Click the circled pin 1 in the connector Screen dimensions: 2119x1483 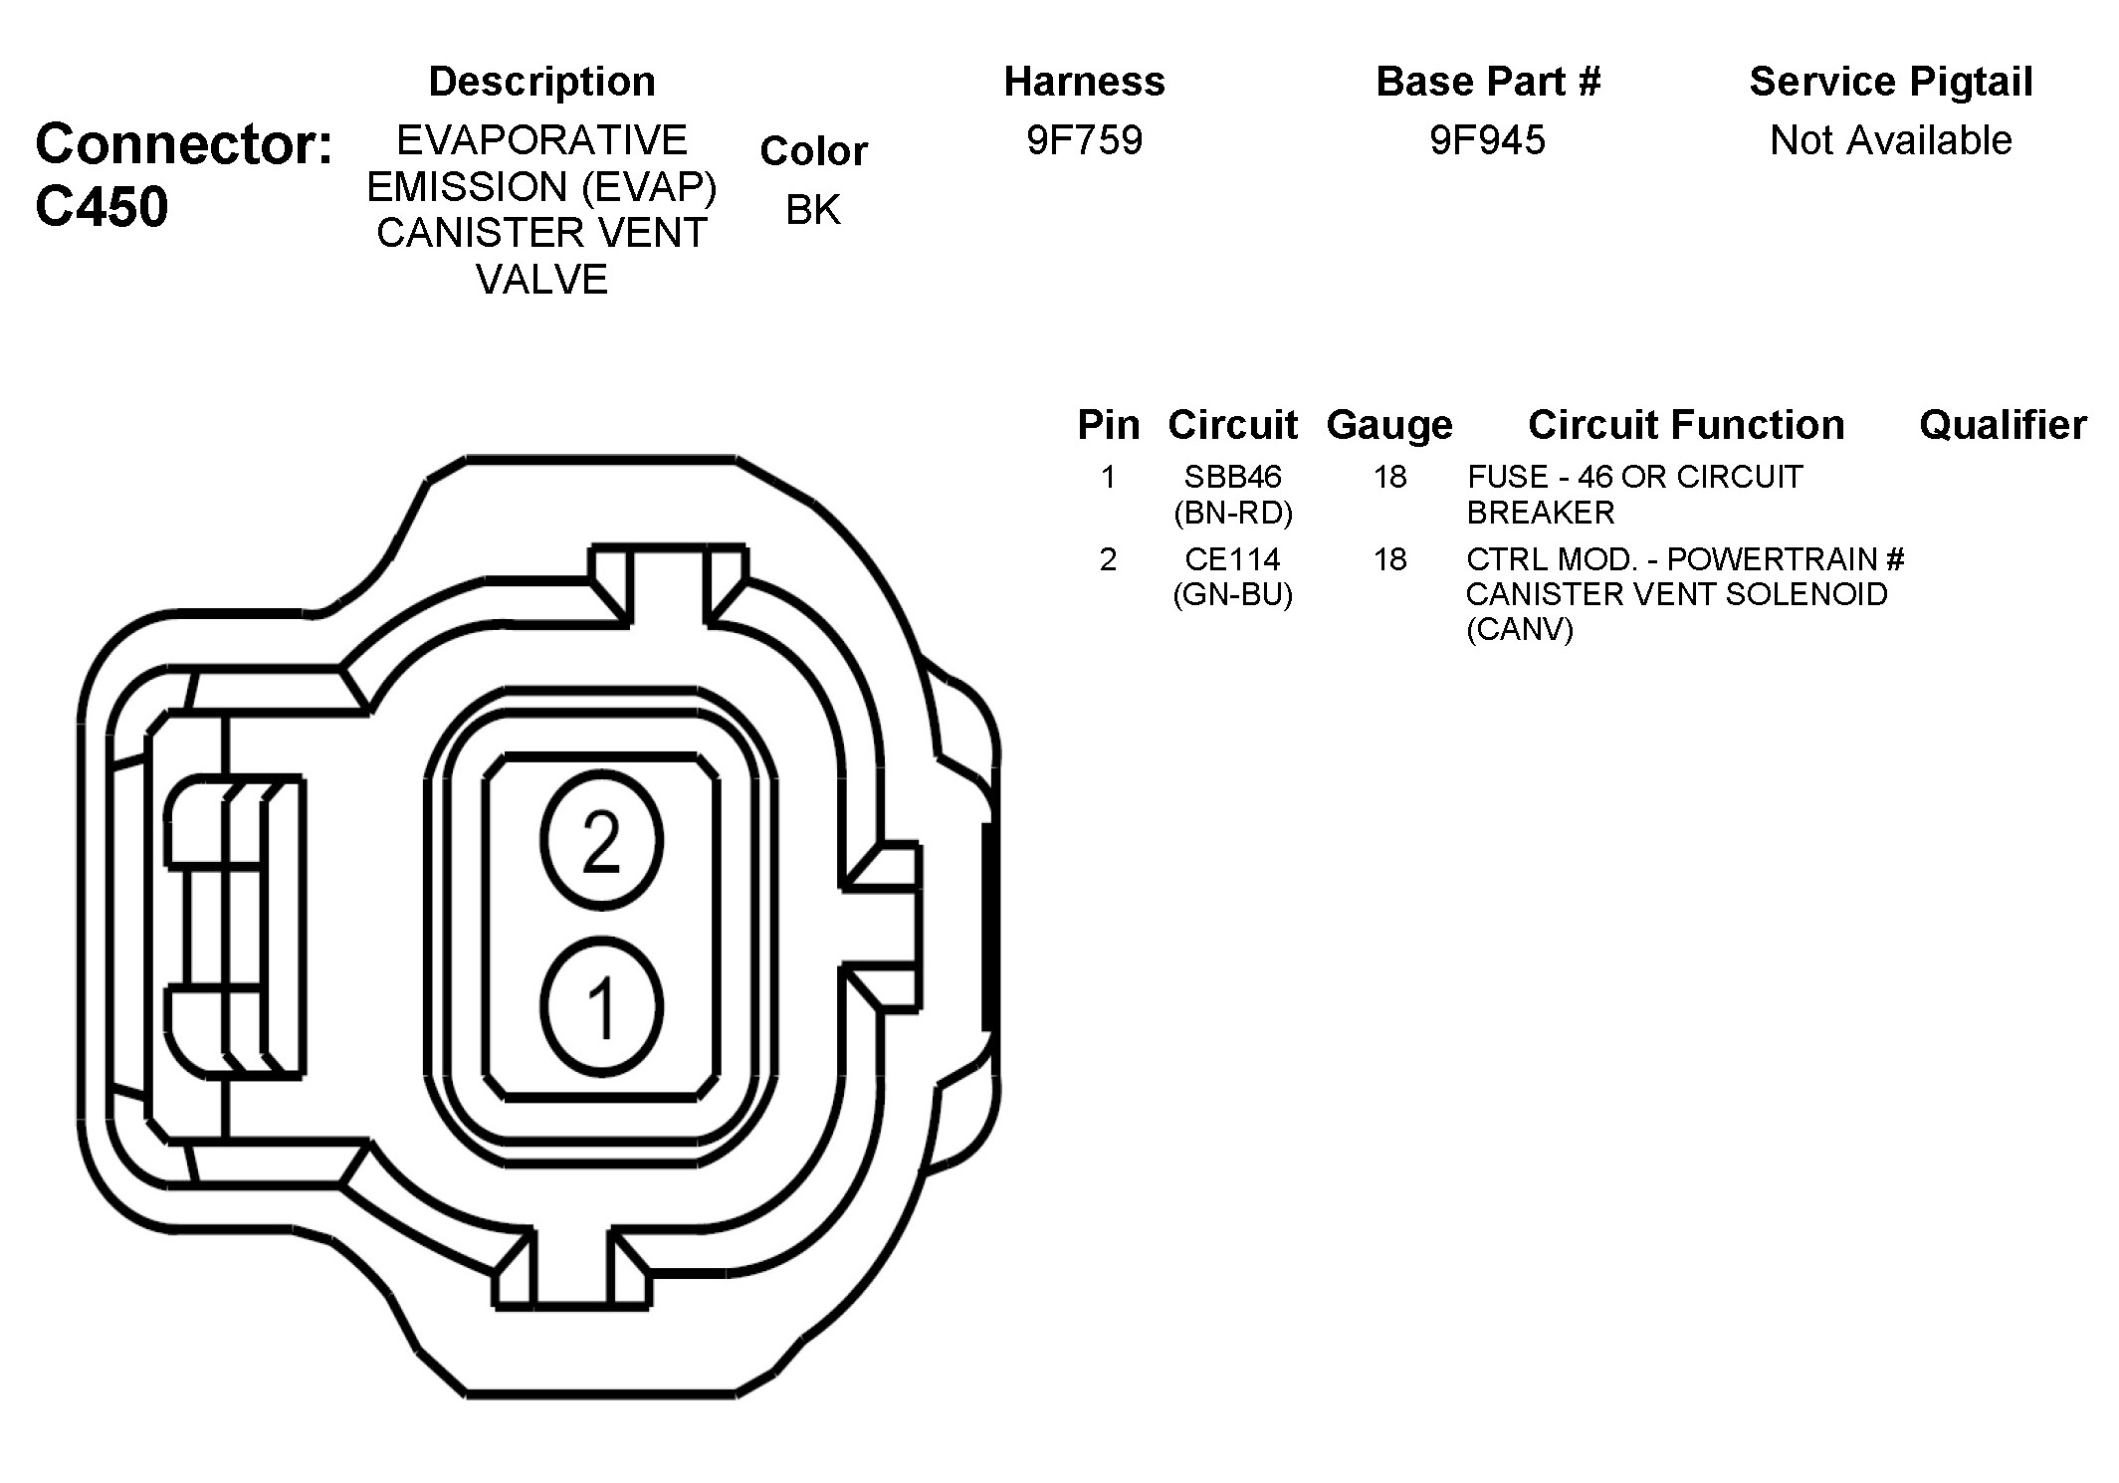[601, 1006]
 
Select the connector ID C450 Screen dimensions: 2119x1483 [102, 207]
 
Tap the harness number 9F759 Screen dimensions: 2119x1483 [1084, 140]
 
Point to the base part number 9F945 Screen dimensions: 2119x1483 [1487, 140]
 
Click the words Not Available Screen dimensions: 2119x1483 [1890, 140]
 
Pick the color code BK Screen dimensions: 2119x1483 [813, 210]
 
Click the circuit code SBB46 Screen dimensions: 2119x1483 [1232, 477]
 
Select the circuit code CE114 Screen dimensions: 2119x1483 [1232, 559]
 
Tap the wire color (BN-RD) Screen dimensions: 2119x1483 [1232, 513]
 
